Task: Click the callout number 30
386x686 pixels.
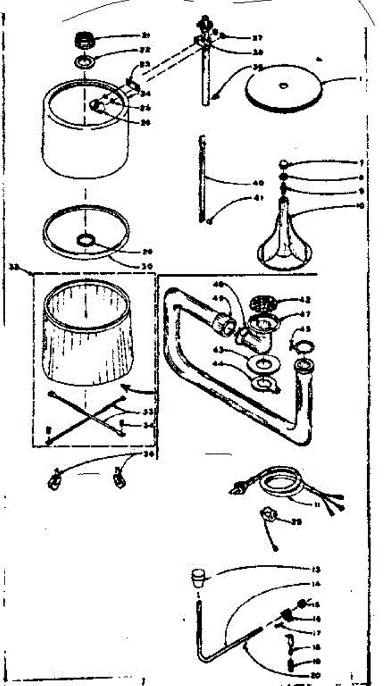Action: (x=132, y=265)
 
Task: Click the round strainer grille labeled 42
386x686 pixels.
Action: (x=261, y=301)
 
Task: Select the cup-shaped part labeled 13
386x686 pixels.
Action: (x=198, y=578)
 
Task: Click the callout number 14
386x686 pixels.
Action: (x=316, y=584)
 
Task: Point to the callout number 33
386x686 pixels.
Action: (x=133, y=412)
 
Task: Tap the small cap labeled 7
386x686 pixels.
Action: (x=284, y=164)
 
